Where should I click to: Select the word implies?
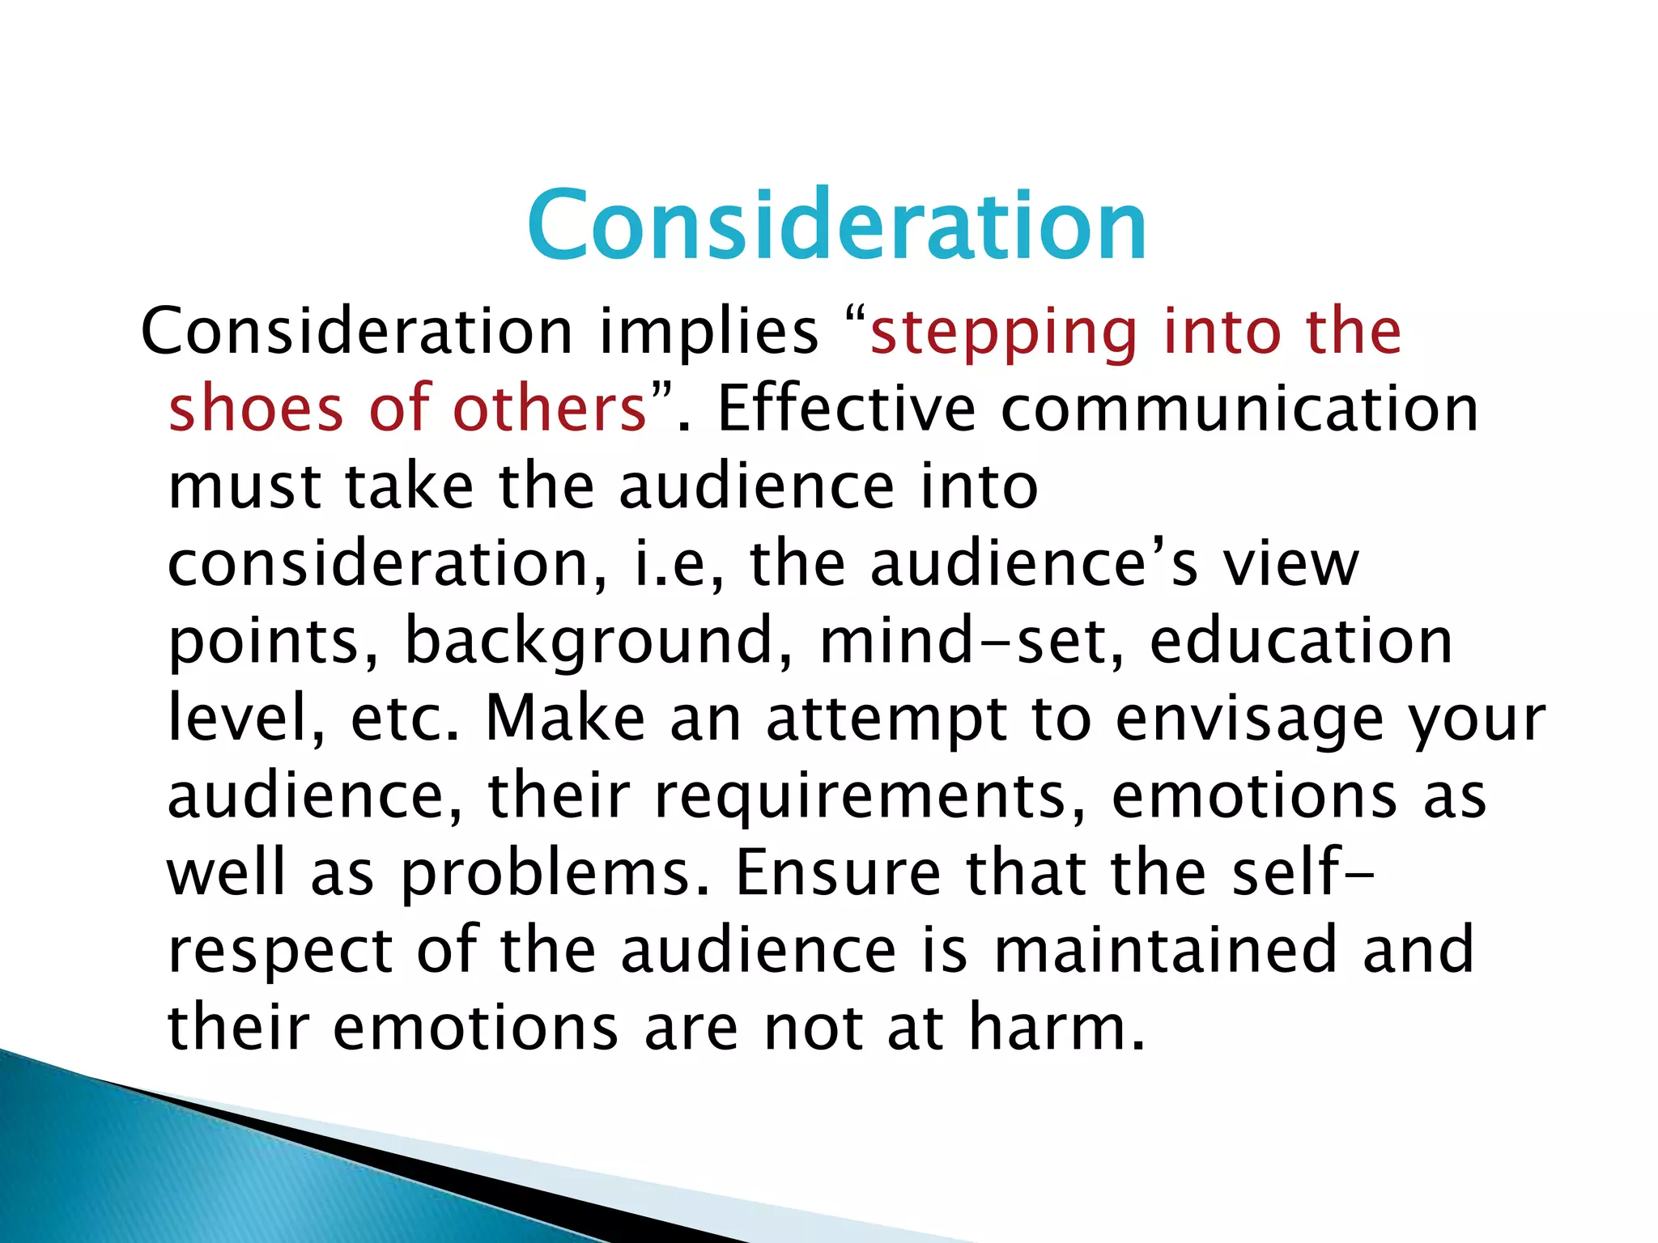tap(708, 332)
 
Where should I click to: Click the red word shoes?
tap(255, 408)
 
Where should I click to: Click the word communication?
tap(1239, 408)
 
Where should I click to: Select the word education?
tap(1301, 641)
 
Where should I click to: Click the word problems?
tap(555, 874)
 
